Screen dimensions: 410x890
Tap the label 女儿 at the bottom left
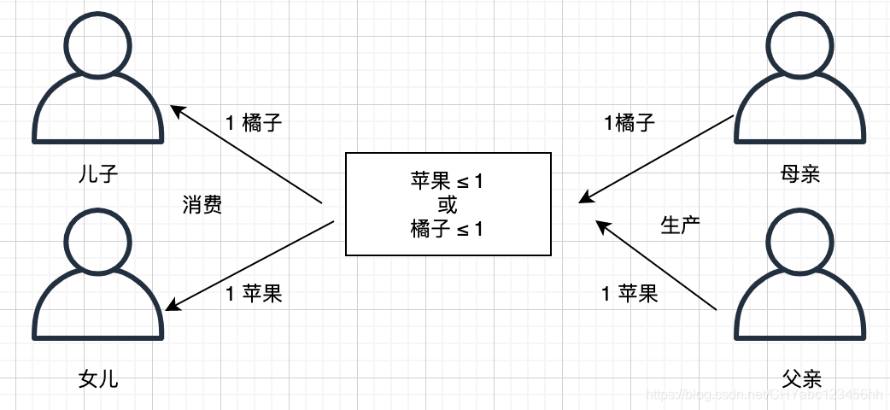click(98, 378)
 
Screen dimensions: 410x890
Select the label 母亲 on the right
click(799, 174)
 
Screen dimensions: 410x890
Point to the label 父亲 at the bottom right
click(799, 378)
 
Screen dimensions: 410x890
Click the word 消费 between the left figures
click(202, 205)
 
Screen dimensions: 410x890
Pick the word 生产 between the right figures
click(681, 225)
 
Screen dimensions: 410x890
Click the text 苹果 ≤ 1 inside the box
click(448, 181)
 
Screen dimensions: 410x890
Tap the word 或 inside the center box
click(448, 204)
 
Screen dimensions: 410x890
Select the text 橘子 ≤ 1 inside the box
click(448, 228)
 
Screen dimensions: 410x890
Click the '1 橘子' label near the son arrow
click(253, 123)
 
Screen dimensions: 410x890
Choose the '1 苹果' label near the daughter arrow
click(253, 295)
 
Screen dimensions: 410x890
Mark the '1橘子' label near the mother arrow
click(629, 123)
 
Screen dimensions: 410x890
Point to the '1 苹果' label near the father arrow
click(629, 295)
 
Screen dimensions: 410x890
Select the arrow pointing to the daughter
click(252, 264)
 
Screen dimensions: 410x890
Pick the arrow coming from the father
click(656, 264)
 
